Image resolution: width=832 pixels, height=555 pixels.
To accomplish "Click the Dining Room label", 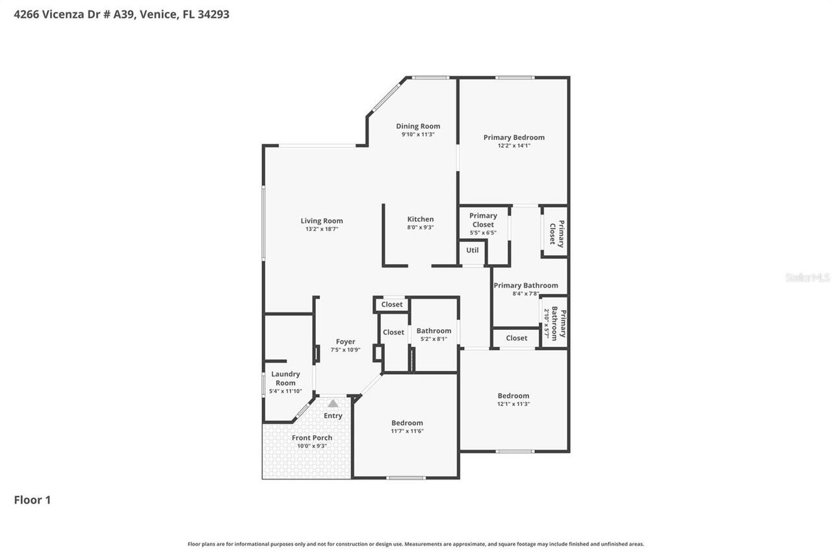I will pos(418,126).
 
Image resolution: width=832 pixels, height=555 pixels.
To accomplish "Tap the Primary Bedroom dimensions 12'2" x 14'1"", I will pos(513,146).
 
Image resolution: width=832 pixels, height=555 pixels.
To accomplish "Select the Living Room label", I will pos(321,221).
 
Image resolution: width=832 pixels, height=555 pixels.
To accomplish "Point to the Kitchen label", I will pos(420,219).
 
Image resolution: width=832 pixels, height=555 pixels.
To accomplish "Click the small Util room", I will pos(472,250).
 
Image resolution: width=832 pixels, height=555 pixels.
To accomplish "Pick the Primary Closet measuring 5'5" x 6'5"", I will pos(483,224).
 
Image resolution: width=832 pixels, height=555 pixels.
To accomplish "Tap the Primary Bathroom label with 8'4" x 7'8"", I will pos(525,286).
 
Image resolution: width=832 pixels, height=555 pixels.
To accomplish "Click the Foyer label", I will pos(345,342).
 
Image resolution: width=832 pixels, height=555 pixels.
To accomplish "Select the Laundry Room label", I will pos(285,378).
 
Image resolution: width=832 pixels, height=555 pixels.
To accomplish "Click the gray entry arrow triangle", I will pos(333,403).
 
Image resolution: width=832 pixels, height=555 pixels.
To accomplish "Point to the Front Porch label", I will pos(312,438).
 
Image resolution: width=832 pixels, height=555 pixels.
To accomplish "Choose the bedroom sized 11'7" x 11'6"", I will pos(407,426).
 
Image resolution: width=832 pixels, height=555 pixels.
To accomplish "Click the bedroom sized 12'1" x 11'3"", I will pos(513,399).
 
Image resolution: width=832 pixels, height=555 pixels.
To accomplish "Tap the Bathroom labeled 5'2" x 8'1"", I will pos(434,334).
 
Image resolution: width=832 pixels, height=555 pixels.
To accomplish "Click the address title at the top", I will pos(122,14).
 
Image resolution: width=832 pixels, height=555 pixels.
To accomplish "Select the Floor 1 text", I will pos(32,500).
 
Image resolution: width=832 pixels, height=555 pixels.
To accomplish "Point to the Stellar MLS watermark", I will pos(807,277).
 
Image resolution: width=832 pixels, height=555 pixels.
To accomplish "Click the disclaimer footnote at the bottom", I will pos(416,544).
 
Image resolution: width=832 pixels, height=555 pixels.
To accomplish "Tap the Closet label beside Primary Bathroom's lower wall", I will pos(516,338).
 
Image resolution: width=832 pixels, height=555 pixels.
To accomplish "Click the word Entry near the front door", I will pos(333,416).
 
